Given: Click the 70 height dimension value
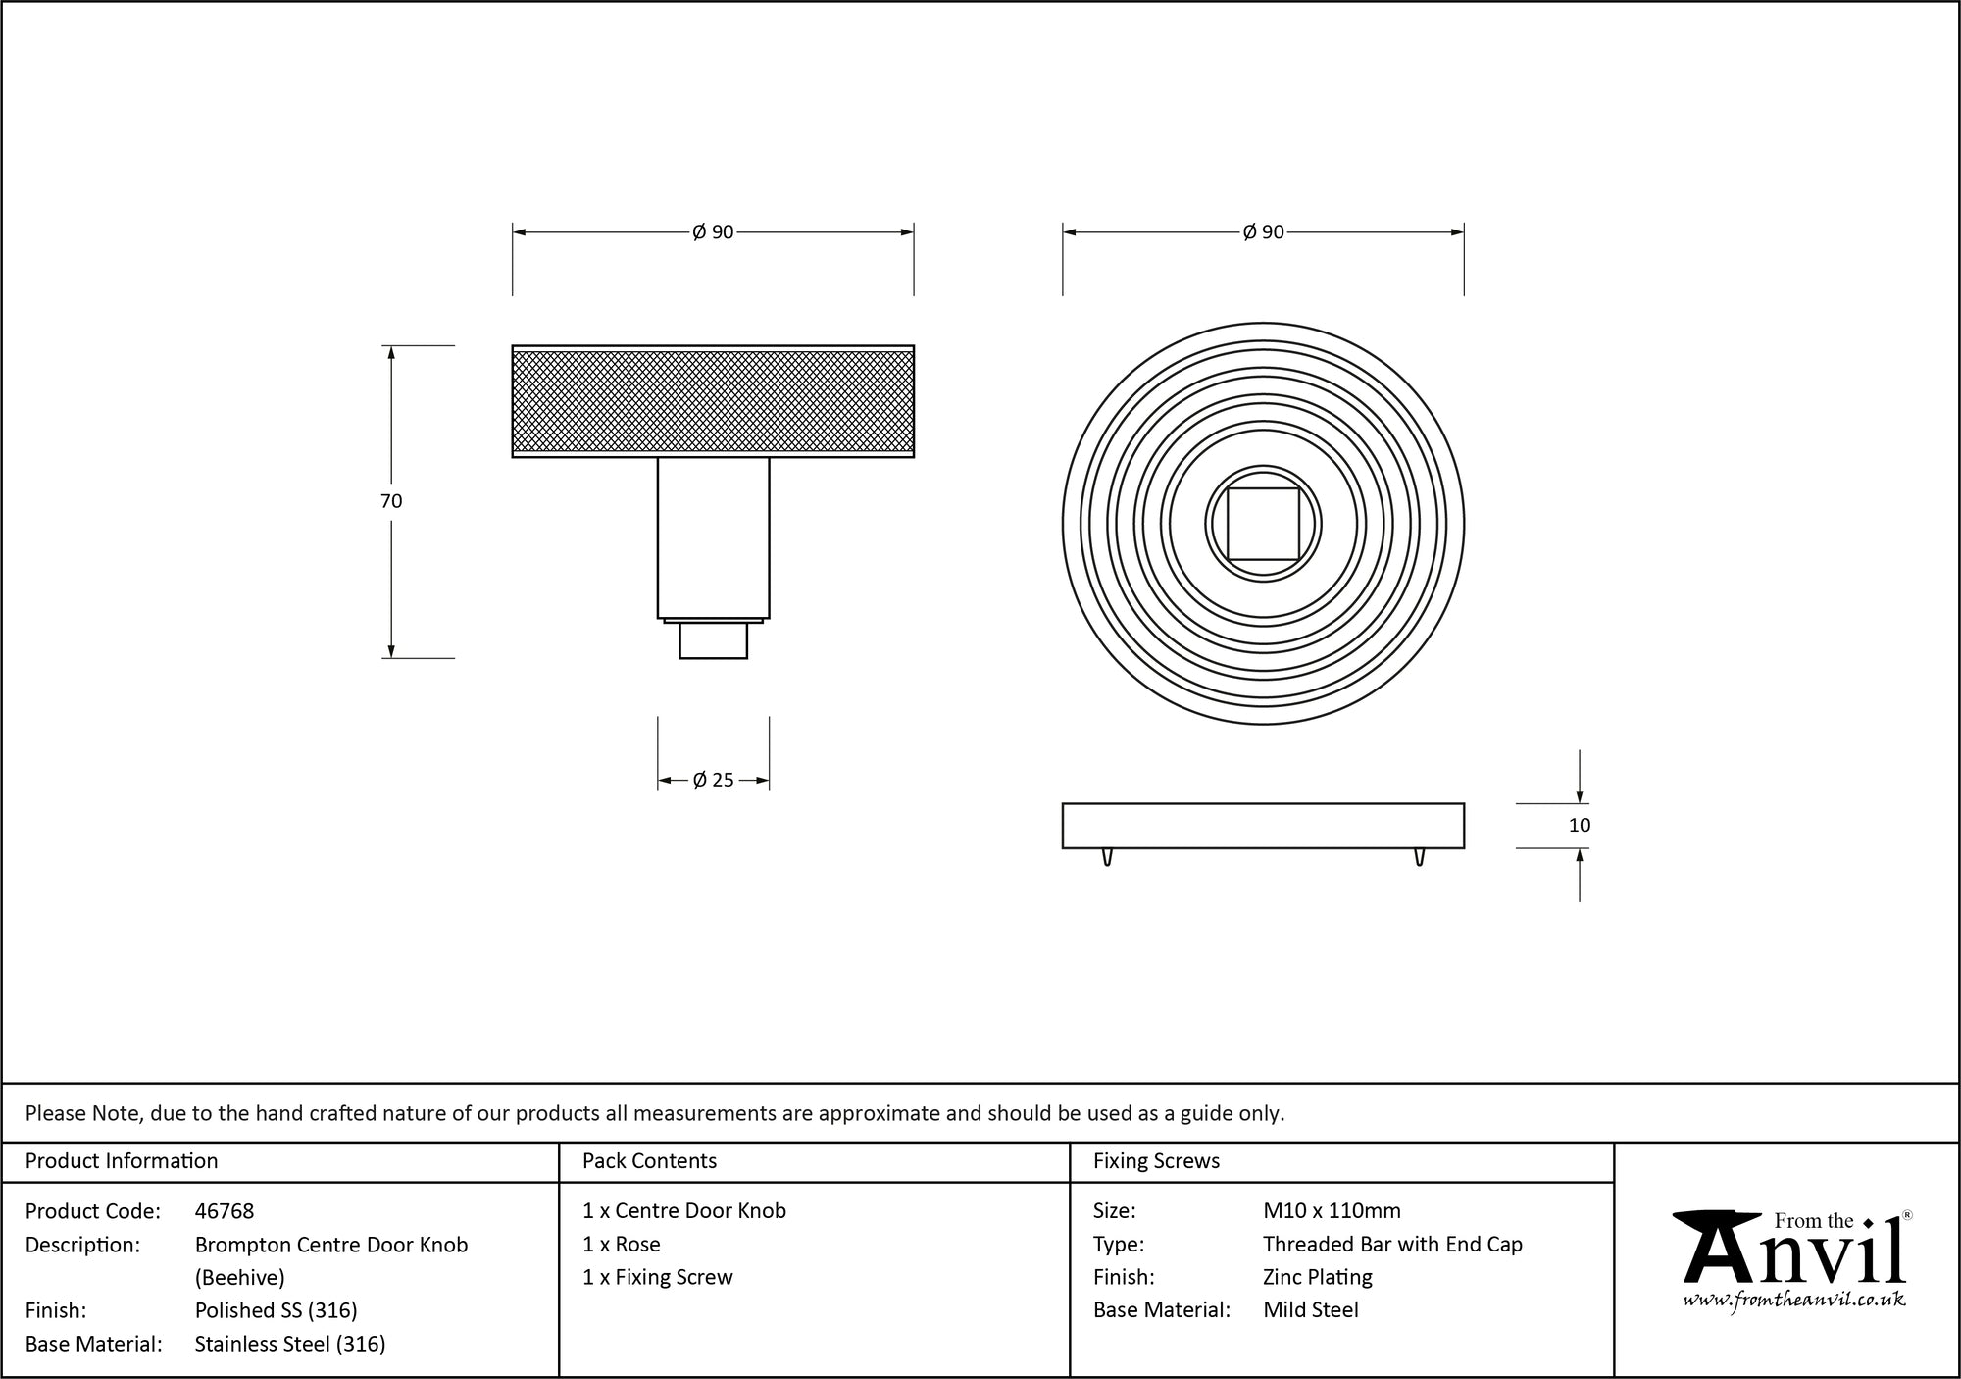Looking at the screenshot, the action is pyautogui.click(x=391, y=501).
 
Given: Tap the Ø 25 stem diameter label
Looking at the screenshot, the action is pyautogui.click(x=713, y=781).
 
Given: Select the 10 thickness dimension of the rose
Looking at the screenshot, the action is pyautogui.click(x=1579, y=826).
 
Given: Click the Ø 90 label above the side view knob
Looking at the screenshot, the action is pyautogui.click(x=713, y=232).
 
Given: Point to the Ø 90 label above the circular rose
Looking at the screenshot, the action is pyautogui.click(x=1263, y=232).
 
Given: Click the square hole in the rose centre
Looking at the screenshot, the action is pyautogui.click(x=1263, y=524).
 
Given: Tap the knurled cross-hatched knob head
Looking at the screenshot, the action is pyautogui.click(x=713, y=401).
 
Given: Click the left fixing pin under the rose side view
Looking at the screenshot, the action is pyautogui.click(x=1108, y=857).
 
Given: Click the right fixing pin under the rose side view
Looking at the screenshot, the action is pyautogui.click(x=1419, y=857).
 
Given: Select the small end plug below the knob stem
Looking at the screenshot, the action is pyautogui.click(x=713, y=640).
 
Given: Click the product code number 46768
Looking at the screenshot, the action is pyautogui.click(x=225, y=1211).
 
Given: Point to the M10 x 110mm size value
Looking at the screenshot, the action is pyautogui.click(x=1332, y=1211).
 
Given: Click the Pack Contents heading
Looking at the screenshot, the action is pyautogui.click(x=649, y=1161).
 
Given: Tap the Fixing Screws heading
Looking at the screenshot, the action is pyautogui.click(x=1156, y=1161).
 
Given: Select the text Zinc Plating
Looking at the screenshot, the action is pyautogui.click(x=1317, y=1277).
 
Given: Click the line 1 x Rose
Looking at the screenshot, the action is pyautogui.click(x=622, y=1245).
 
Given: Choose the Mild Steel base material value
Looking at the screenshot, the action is pyautogui.click(x=1310, y=1310).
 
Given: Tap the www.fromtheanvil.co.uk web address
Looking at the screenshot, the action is pyautogui.click(x=1793, y=1300).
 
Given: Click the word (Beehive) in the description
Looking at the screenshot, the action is pyautogui.click(x=240, y=1277).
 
